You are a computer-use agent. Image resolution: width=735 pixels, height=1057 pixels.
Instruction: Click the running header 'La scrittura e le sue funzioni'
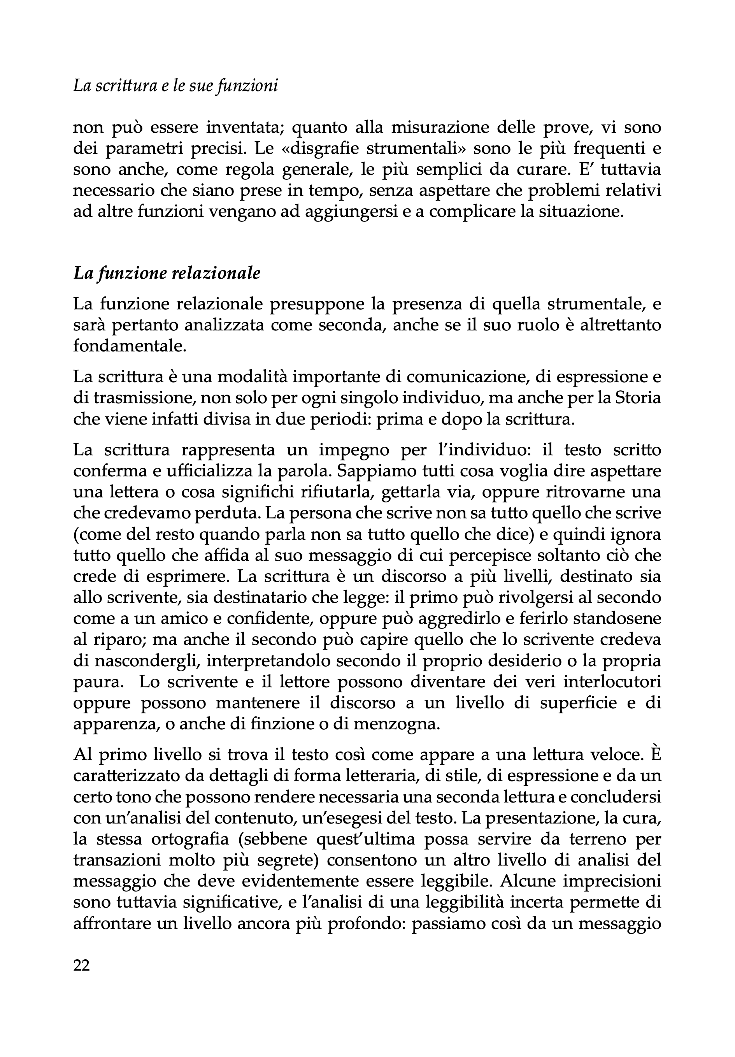click(x=175, y=86)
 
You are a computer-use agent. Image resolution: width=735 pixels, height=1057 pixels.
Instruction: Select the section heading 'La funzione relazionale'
click(x=167, y=274)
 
